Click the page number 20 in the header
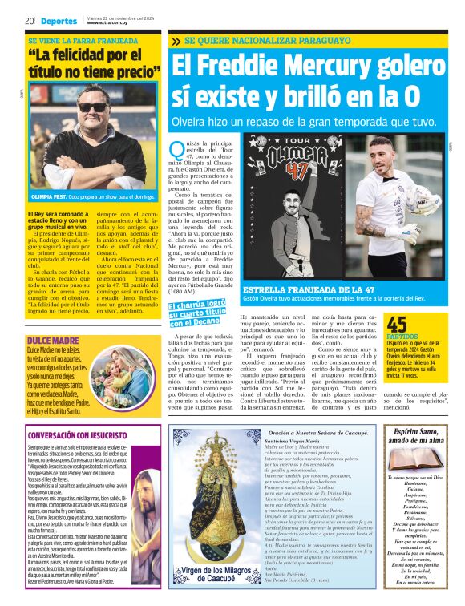pos(28,22)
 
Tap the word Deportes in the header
pos(60,22)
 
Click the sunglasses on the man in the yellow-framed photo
pos(93,107)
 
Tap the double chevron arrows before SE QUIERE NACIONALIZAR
pos(176,39)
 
